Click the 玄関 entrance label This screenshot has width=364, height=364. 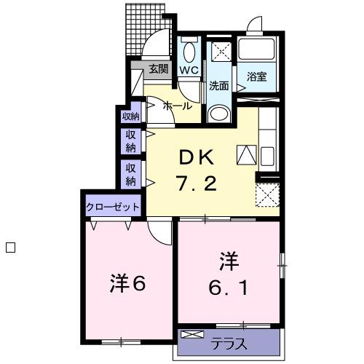(x=159, y=70)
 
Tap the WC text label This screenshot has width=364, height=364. (x=189, y=70)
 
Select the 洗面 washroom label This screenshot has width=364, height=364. (x=218, y=85)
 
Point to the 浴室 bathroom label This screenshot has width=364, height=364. (x=256, y=76)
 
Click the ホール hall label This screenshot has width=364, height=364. (x=177, y=106)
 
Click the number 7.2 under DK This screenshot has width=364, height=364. (x=196, y=183)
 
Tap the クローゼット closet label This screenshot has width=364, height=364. (x=113, y=207)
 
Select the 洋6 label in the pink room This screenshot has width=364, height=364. (x=129, y=282)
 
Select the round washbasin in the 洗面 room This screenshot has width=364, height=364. (x=218, y=114)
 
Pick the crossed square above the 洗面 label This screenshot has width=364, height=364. (x=218, y=51)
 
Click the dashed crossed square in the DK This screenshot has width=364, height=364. (x=267, y=194)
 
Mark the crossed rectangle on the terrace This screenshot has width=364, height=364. (x=192, y=335)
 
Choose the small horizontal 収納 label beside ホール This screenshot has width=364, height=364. (x=130, y=115)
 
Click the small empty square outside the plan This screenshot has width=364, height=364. (x=10, y=247)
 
